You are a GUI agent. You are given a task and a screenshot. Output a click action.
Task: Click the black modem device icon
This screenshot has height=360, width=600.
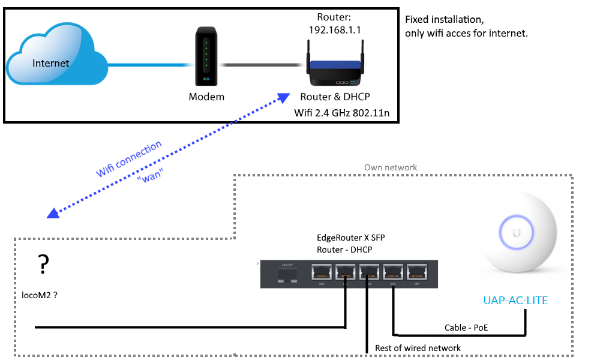206,58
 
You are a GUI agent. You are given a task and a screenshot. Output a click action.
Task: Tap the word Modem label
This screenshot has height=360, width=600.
206,97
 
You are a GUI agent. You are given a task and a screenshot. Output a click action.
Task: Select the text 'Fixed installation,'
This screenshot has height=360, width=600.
443,20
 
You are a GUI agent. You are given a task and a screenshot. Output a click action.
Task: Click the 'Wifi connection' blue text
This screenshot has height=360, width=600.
129,160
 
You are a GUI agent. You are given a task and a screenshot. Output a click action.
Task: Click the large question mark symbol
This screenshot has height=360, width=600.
43,263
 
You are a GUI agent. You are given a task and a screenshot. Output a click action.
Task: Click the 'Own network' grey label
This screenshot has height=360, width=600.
391,167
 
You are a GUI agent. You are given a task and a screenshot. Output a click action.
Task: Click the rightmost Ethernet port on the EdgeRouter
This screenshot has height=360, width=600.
417,272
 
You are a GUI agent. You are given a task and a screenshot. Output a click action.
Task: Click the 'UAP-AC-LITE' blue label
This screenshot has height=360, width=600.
515,300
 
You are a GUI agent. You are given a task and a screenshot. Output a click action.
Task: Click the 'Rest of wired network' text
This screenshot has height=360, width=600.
418,348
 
